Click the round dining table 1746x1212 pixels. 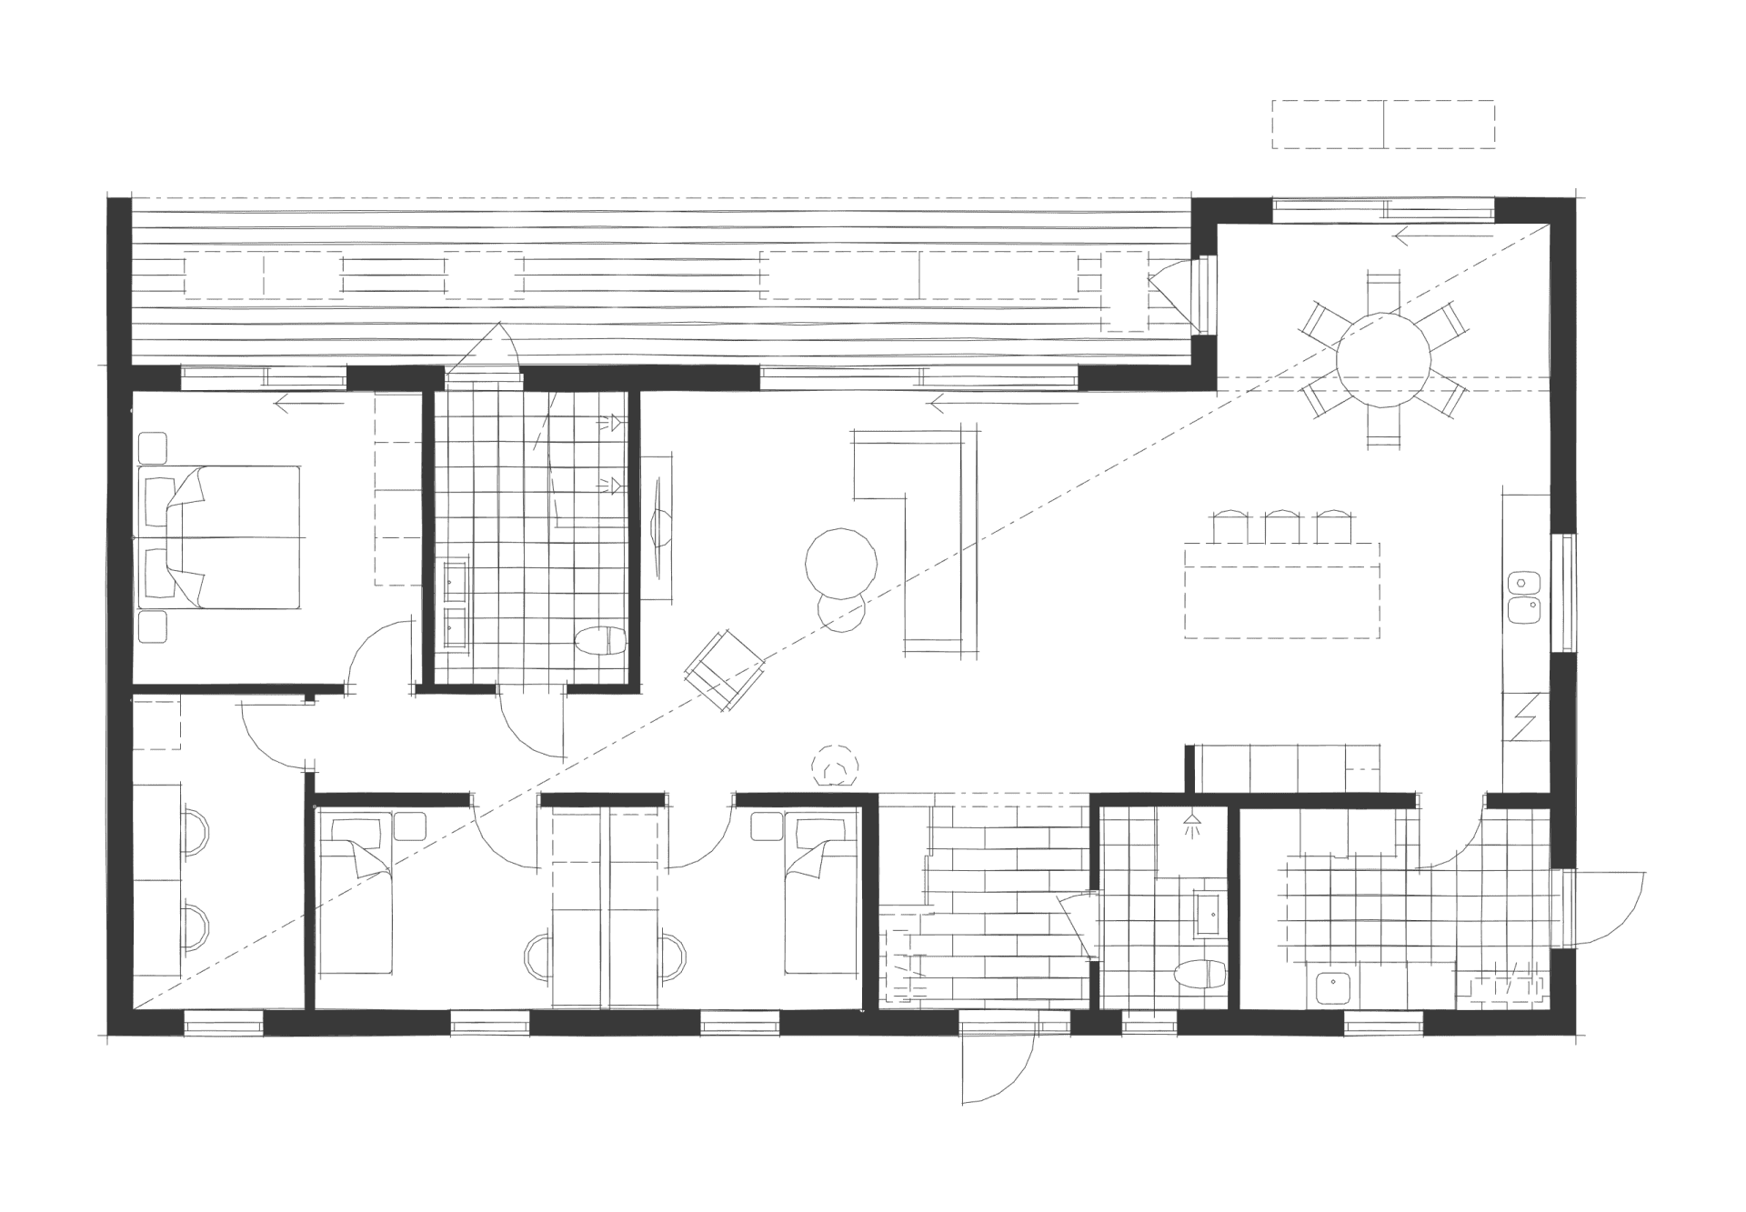pos(1383,360)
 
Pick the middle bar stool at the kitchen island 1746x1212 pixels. pos(1281,526)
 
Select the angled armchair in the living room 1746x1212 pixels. pos(725,671)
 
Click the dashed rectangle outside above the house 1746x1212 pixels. pos(1382,125)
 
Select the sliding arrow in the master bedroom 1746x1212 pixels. pos(309,404)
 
